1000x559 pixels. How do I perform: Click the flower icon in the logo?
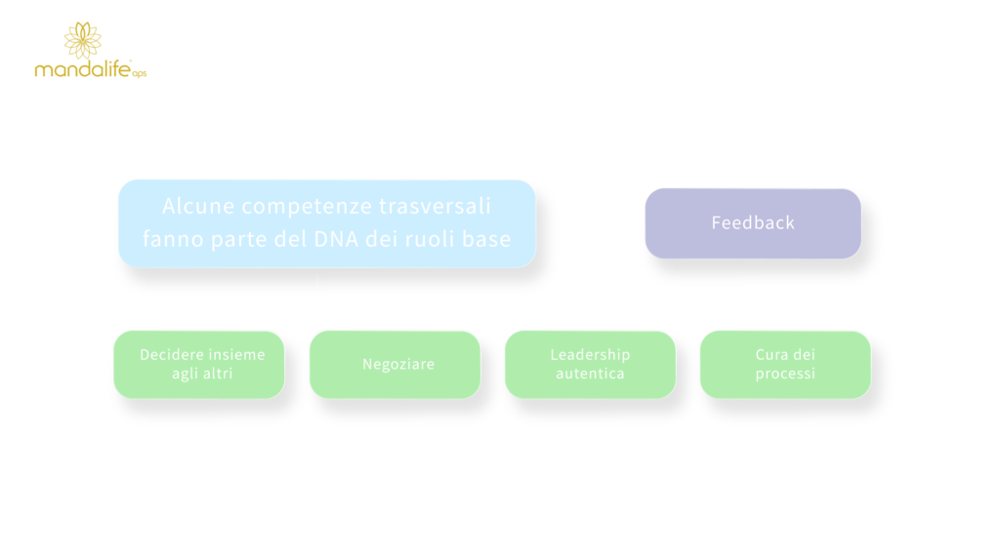82,40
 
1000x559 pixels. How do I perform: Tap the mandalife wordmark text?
83,68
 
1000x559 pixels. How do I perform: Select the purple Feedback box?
753,223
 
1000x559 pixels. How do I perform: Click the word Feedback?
753,222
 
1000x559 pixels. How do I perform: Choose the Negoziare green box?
395,365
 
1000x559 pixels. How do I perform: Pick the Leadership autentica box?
590,365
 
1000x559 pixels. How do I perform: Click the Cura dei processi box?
785,365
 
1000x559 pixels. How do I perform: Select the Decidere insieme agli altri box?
199,365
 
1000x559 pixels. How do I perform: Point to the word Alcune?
198,206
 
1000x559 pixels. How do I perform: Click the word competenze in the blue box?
307,207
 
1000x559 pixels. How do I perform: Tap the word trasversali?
435,206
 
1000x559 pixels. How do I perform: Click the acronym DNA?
336,239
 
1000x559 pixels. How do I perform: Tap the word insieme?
235,354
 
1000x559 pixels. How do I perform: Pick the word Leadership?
590,355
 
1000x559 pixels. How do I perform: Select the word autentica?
590,374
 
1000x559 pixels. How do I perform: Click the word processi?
785,375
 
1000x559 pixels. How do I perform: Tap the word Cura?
770,354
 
